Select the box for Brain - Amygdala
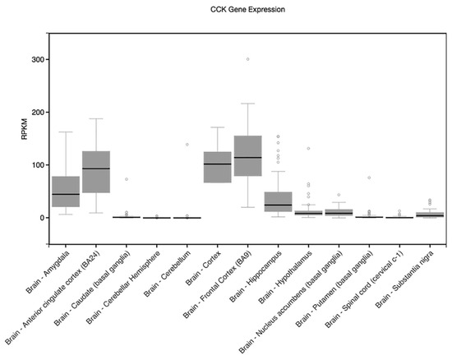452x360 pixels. (66, 192)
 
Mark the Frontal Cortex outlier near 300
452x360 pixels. (247, 59)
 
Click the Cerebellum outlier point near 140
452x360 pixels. (187, 144)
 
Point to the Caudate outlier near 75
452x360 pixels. (127, 178)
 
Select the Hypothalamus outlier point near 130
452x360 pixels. (308, 149)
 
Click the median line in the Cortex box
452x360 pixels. (217, 164)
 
